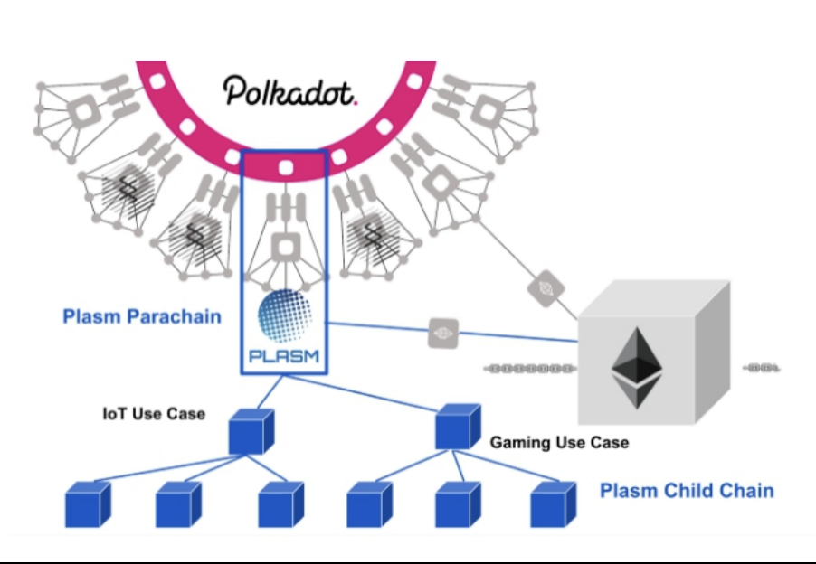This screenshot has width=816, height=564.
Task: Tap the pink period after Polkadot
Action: pos(356,100)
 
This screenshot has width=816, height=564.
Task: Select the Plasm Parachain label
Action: pos(142,317)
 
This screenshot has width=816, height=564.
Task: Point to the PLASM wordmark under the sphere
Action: pos(285,355)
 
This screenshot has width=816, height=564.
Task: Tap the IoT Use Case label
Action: pos(154,414)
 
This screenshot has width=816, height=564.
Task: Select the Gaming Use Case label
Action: pos(559,443)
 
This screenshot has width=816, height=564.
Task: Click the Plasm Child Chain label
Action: pos(687,491)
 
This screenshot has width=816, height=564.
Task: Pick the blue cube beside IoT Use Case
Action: pos(251,431)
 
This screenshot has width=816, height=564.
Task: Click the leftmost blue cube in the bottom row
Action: pos(89,504)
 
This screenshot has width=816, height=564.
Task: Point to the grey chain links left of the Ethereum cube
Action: pos(529,369)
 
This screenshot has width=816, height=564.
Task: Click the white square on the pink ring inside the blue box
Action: pos(285,167)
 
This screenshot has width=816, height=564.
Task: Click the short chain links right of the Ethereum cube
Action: pos(762,369)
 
